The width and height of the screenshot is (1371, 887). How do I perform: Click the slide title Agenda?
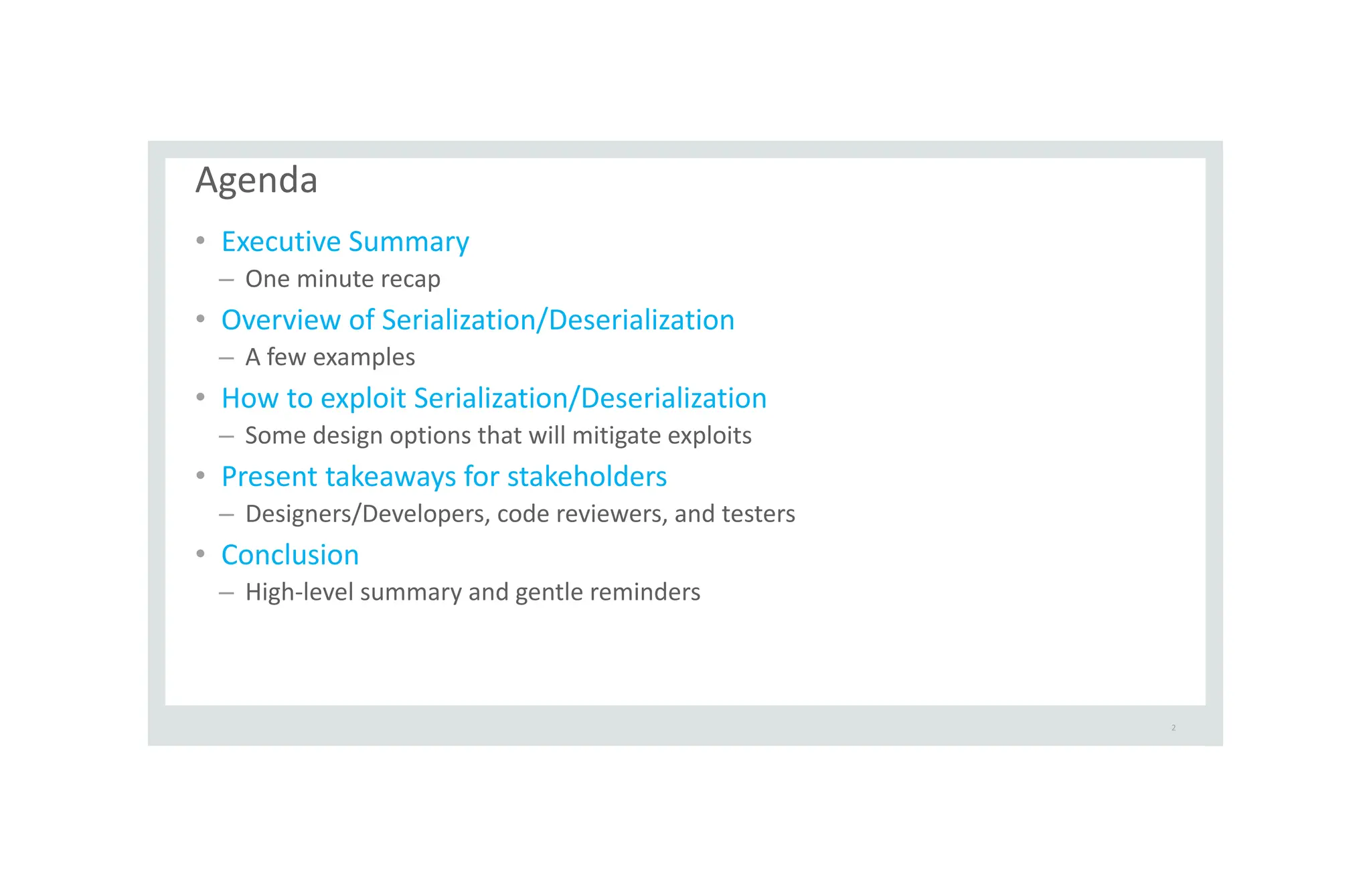tap(256, 180)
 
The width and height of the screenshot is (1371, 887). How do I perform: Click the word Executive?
tap(281, 242)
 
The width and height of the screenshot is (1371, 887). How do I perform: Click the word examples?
tap(364, 357)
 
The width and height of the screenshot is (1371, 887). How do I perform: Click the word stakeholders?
tap(587, 477)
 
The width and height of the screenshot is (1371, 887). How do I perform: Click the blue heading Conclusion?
tap(290, 555)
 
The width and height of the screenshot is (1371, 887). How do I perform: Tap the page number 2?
tap(1174, 728)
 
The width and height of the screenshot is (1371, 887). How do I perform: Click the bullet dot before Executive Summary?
tap(200, 240)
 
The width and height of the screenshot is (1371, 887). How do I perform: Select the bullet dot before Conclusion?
tap(200, 554)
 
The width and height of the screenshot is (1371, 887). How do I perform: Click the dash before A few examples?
tap(226, 358)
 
